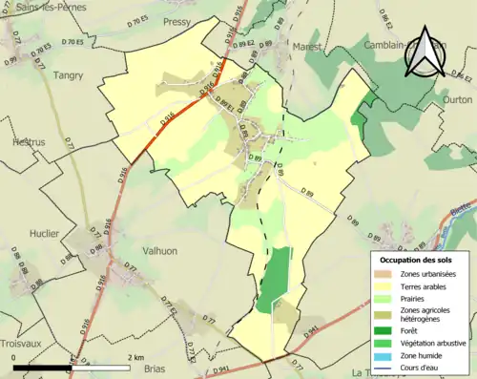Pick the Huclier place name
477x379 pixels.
44,233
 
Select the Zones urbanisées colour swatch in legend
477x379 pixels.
385,275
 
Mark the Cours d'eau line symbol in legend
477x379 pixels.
385,366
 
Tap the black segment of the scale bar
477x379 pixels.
42,367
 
